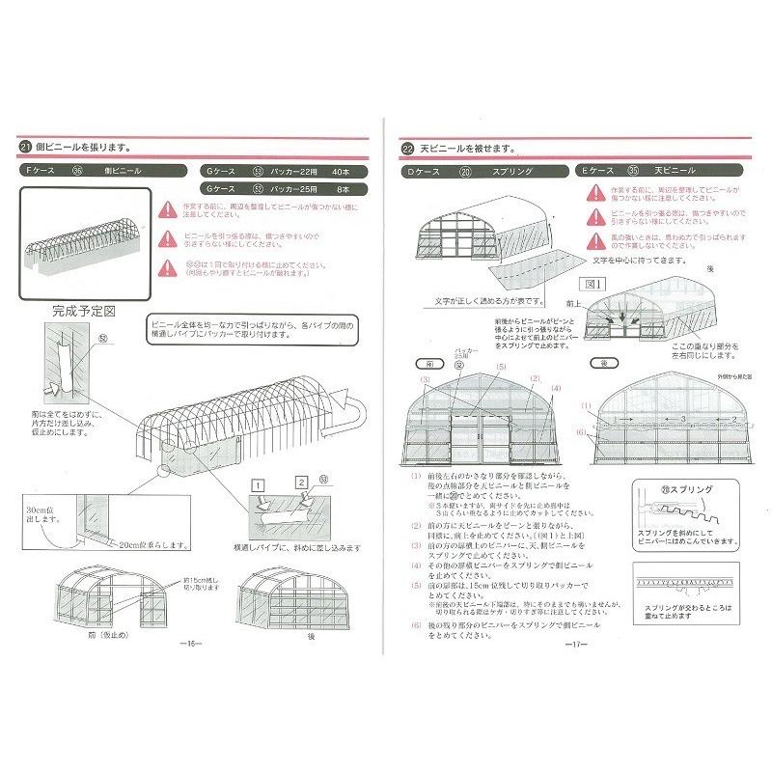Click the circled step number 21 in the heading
tap(25, 147)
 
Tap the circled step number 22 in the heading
tap(408, 150)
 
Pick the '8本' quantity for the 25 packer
tap(344, 190)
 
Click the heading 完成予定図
tap(84, 313)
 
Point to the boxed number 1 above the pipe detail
tap(259, 482)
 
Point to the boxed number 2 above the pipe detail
tap(301, 482)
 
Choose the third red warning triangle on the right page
tap(591, 236)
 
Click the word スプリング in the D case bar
tap(510, 171)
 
